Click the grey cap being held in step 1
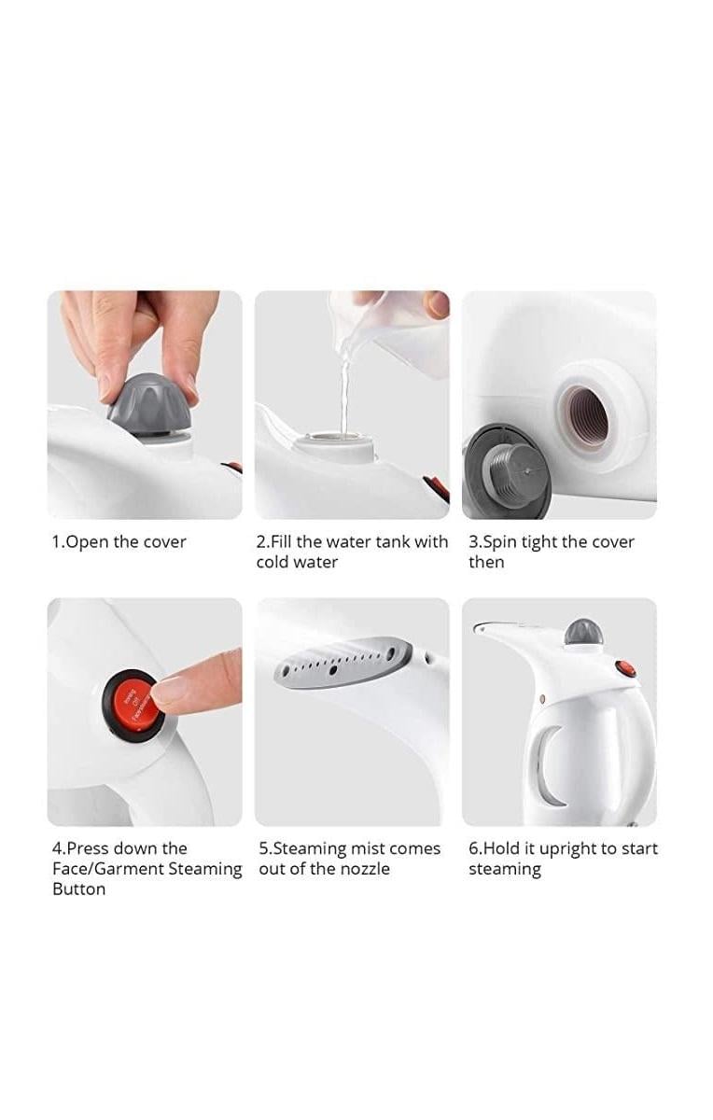149,405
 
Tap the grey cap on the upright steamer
583,632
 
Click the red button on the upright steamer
625,668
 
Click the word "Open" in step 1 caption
88,542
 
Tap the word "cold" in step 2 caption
273,562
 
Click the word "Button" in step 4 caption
79,889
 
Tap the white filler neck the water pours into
335,446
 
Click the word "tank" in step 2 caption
394,541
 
